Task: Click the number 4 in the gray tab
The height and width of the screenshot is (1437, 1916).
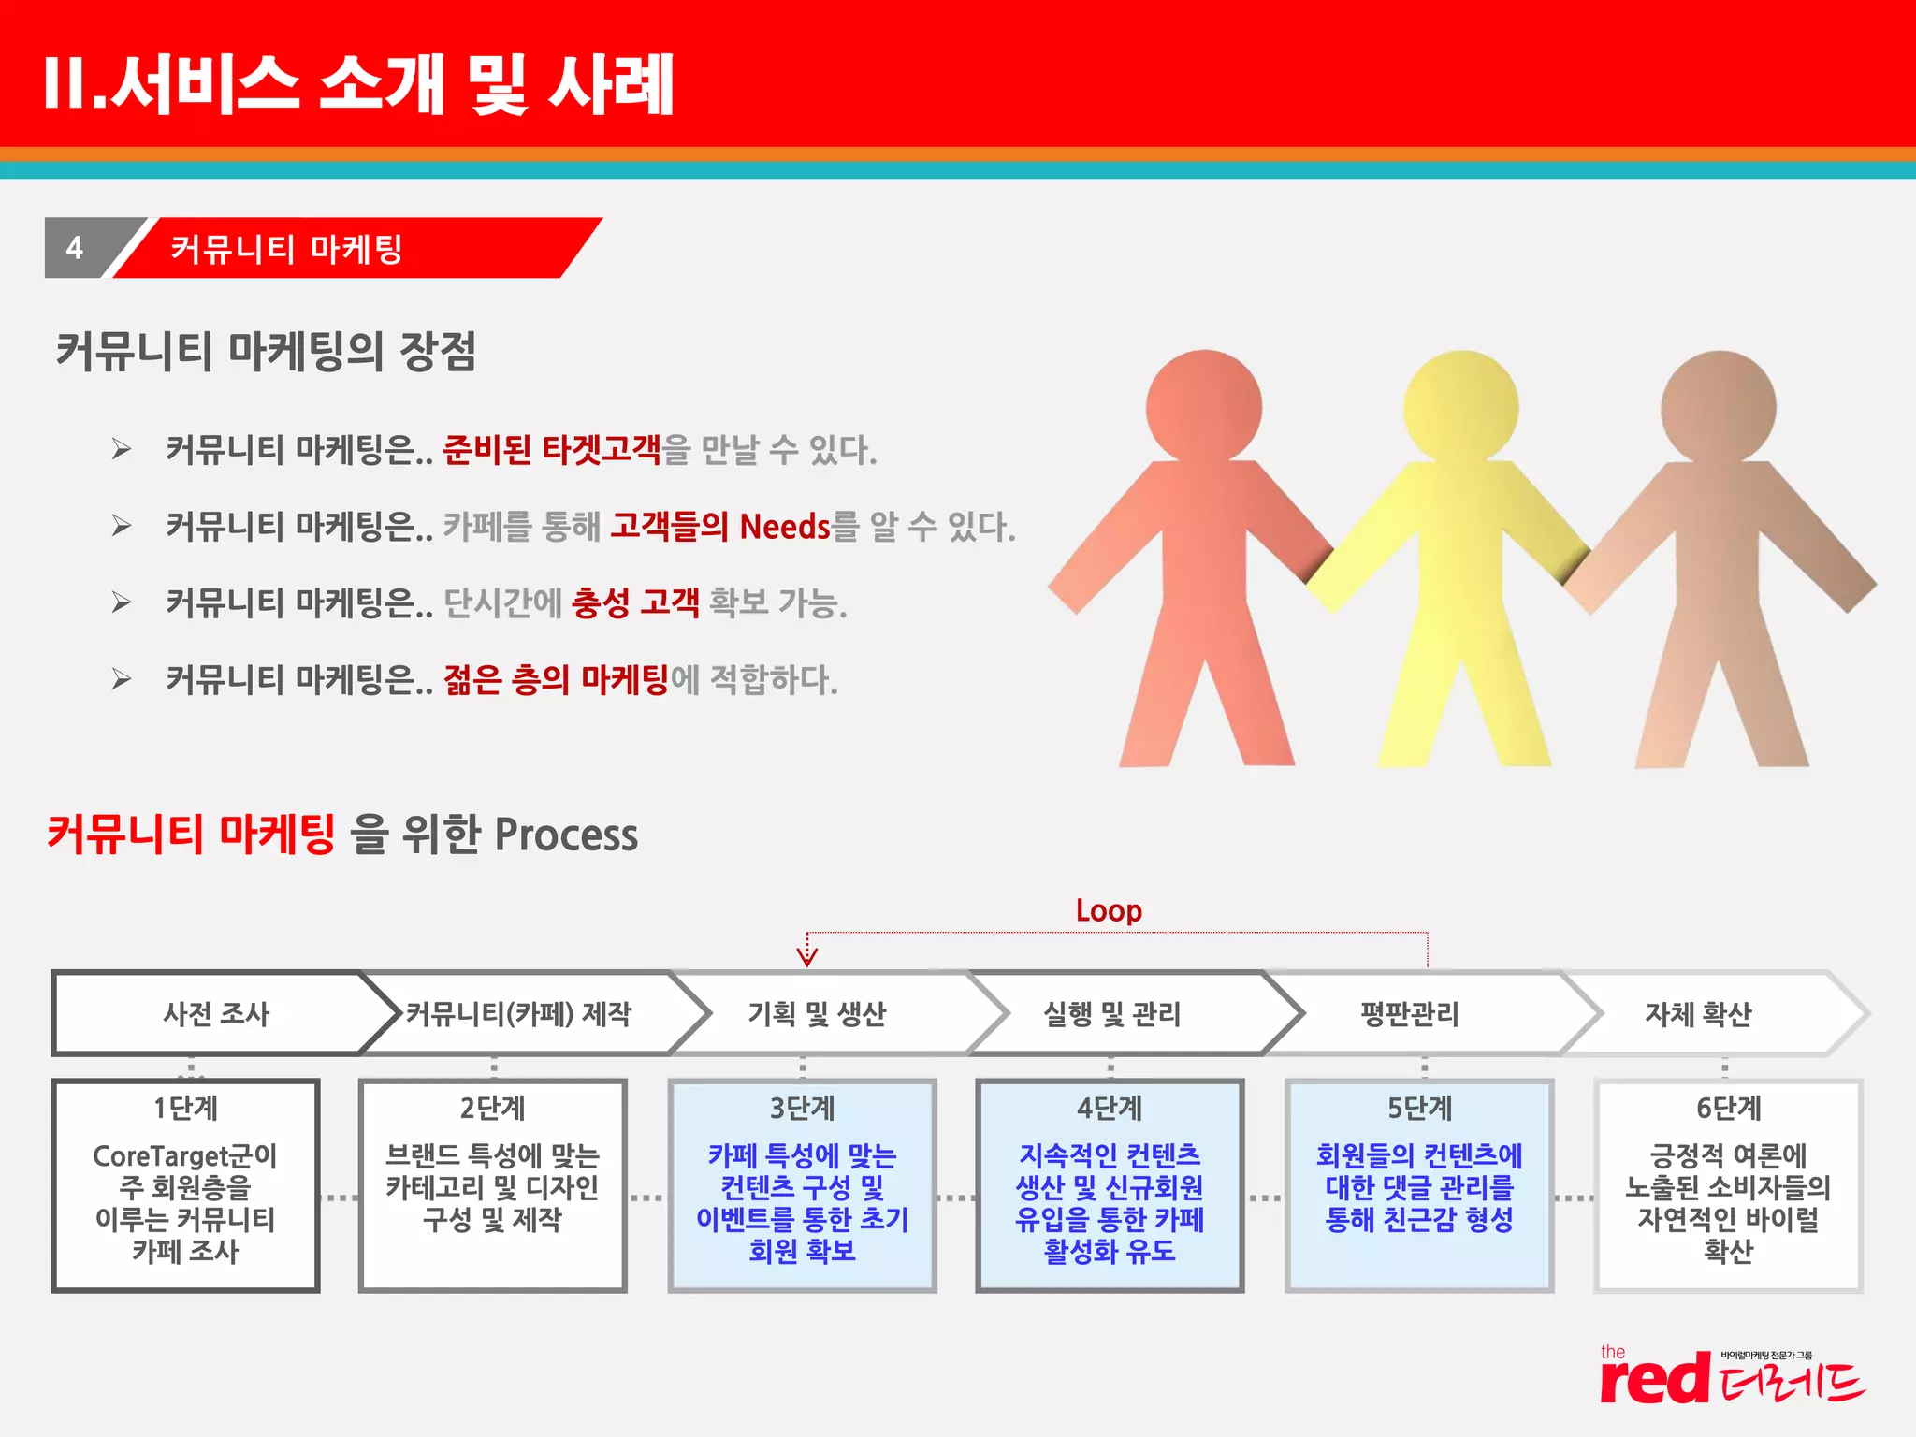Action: [x=75, y=248]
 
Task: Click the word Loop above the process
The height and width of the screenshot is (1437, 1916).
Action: [x=1109, y=910]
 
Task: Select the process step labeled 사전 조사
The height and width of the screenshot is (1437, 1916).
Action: [x=216, y=1014]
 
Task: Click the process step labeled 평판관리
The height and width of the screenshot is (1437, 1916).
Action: [x=1410, y=1014]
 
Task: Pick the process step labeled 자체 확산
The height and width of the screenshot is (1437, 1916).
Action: [x=1698, y=1014]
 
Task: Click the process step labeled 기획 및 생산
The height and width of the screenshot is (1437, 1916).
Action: [x=816, y=1014]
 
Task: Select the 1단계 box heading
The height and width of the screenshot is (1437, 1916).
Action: [x=185, y=1109]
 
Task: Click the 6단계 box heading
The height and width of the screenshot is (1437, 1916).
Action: [x=1728, y=1109]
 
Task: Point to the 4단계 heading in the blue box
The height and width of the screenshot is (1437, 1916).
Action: [x=1110, y=1109]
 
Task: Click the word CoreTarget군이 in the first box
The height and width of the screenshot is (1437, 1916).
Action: [x=185, y=1156]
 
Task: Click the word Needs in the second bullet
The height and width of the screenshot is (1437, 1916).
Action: [x=784, y=527]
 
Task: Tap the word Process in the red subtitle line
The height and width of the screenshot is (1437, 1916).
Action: [x=566, y=835]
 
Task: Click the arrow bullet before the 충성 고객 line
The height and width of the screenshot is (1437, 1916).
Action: [x=122, y=602]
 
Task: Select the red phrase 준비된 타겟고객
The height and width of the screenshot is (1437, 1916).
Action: [x=552, y=450]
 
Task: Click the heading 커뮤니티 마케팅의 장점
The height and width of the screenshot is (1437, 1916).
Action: [x=267, y=352]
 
